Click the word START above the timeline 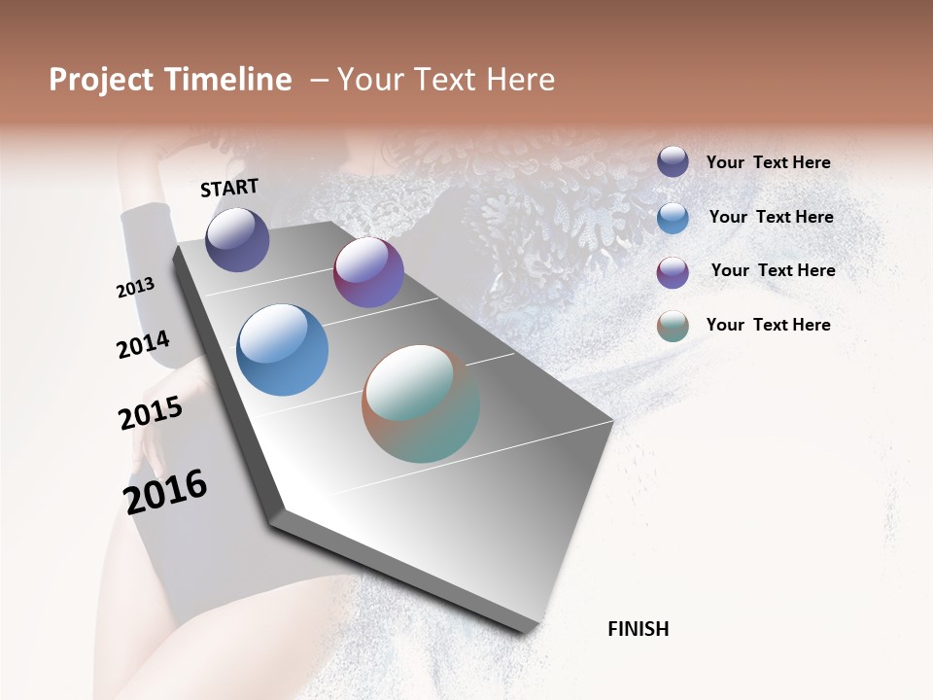[x=229, y=188]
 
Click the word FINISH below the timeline [x=639, y=629]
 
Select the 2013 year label [x=136, y=288]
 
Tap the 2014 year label [x=143, y=344]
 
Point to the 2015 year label [x=151, y=413]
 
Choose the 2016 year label [x=166, y=491]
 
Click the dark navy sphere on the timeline [x=238, y=240]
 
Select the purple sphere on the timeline [x=368, y=272]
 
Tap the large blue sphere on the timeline [x=282, y=350]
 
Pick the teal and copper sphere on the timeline [x=421, y=403]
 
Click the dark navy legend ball [x=673, y=161]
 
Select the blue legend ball [x=673, y=218]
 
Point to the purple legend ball [x=673, y=272]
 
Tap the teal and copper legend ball [x=673, y=326]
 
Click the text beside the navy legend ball [x=768, y=163]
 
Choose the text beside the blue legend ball [x=771, y=217]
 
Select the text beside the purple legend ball [x=773, y=270]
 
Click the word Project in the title [x=102, y=80]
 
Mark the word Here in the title [x=520, y=80]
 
